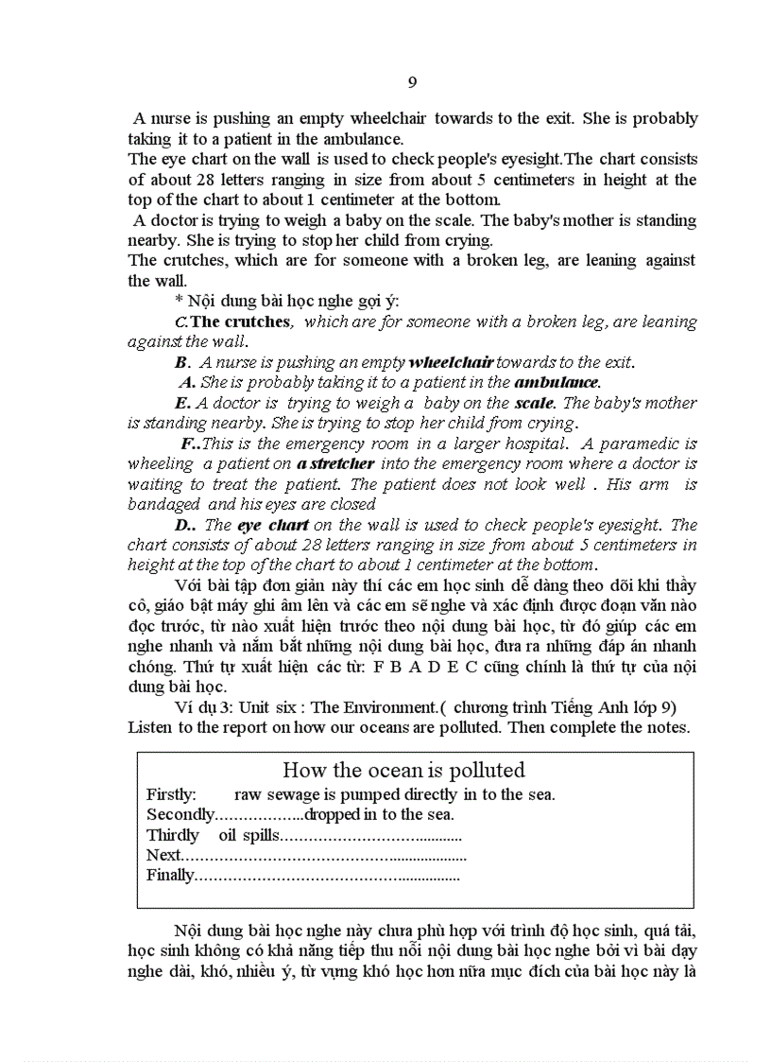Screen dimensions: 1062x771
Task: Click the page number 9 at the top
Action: point(412,82)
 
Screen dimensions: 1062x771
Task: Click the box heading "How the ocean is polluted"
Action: point(403,770)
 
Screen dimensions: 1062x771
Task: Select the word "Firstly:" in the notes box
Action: point(171,794)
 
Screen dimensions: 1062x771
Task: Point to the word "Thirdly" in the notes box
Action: point(173,835)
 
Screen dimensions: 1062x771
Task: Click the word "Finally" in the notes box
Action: point(169,875)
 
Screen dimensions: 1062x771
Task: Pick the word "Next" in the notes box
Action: point(163,855)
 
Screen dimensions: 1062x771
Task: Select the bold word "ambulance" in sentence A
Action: point(557,382)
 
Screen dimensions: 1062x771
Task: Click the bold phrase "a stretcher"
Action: point(335,463)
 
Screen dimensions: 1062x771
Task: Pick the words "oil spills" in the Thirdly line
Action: point(249,835)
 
